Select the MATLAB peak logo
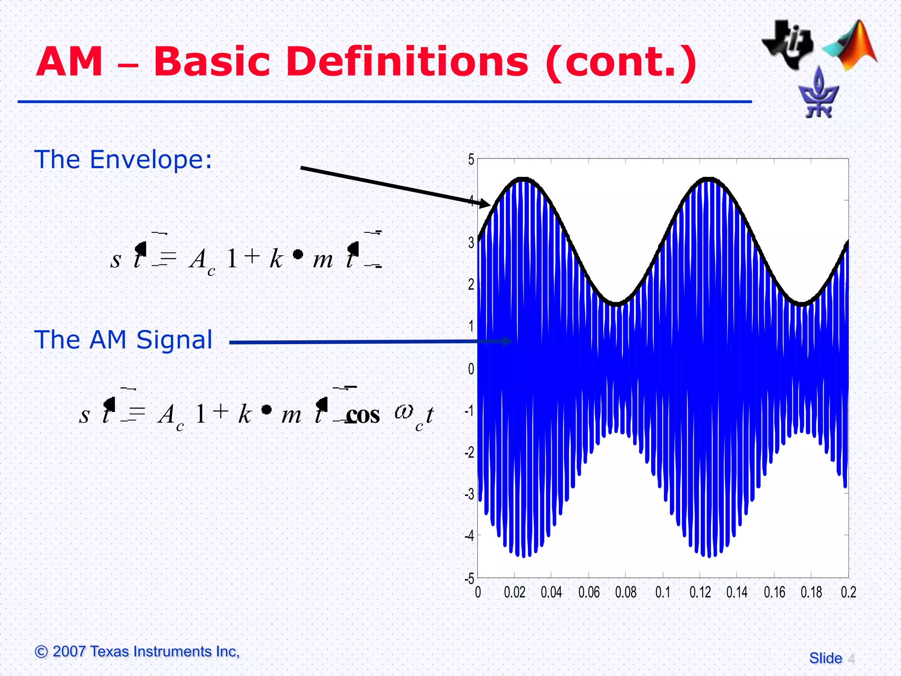(851, 46)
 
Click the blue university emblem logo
(818, 93)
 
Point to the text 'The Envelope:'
(123, 159)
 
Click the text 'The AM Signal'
(123, 340)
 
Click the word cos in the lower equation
(363, 415)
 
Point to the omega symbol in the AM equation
(404, 412)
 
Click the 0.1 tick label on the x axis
(663, 592)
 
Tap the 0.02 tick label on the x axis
(514, 592)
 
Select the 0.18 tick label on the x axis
(811, 592)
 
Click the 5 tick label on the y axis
(471, 159)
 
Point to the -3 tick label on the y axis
(469, 494)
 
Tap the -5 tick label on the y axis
(469, 578)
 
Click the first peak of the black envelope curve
(522, 179)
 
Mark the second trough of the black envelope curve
(802, 304)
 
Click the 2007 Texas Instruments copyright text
(137, 651)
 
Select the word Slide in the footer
(825, 658)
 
